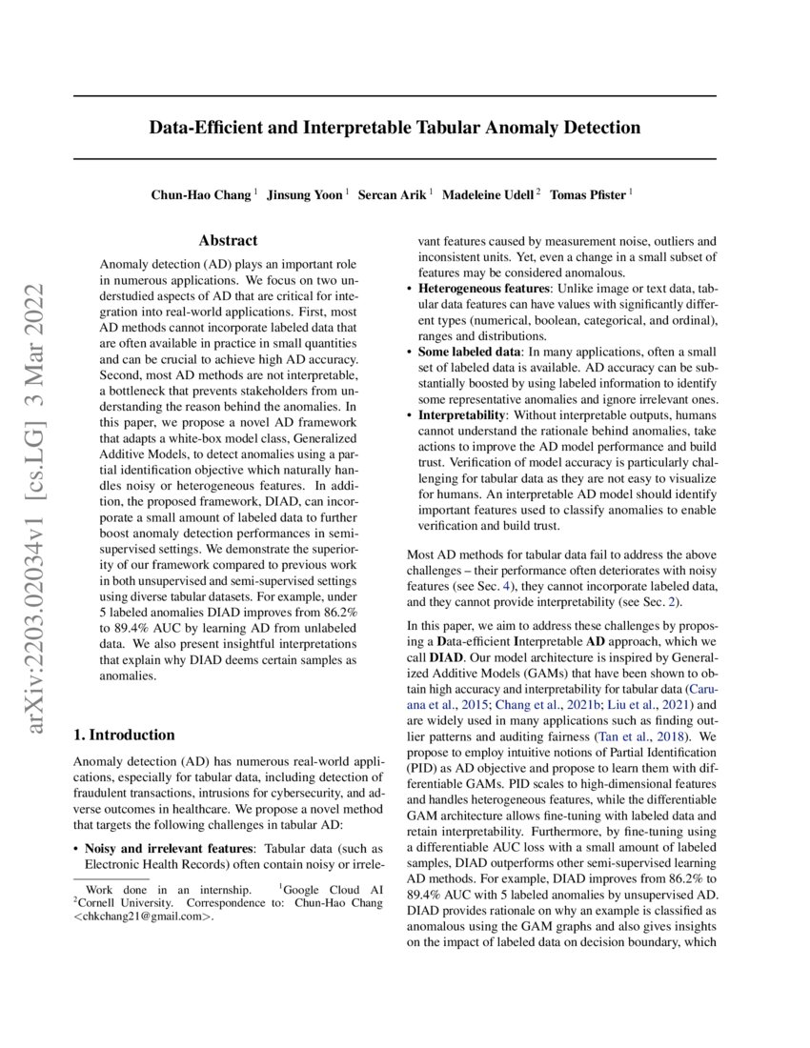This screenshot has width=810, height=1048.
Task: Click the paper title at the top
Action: click(395, 128)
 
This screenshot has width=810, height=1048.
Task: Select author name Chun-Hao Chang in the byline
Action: click(201, 195)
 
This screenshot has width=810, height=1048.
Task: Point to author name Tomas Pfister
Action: click(588, 195)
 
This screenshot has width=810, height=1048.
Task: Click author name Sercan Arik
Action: click(392, 195)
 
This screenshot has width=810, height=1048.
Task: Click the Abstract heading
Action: click(228, 241)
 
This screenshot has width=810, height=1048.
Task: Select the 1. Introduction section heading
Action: click(124, 735)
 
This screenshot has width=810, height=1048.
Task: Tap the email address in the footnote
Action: click(144, 917)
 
